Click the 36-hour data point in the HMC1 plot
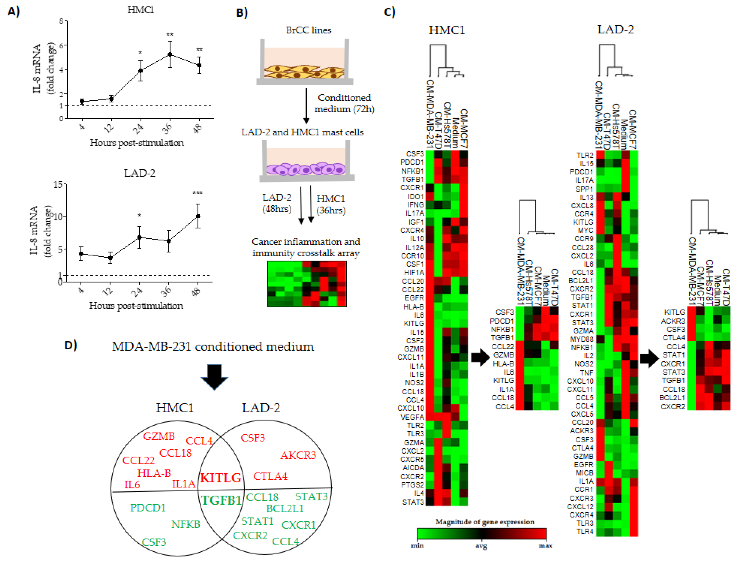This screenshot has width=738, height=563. tap(170, 54)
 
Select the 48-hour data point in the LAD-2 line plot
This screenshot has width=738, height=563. tap(198, 216)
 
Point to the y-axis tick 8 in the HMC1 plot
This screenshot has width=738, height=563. tap(61, 21)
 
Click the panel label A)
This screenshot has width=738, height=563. tap(14, 12)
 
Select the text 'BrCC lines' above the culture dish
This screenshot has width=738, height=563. tap(308, 30)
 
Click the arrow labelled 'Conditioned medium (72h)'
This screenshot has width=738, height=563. tap(306, 106)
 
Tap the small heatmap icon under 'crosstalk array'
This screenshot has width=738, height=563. tap(307, 284)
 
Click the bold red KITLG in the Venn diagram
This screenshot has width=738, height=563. tap(220, 478)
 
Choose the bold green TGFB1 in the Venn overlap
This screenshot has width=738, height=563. tap(221, 500)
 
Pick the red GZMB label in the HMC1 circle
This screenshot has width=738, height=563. tap(159, 436)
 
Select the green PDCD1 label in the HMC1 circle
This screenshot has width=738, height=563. tap(148, 508)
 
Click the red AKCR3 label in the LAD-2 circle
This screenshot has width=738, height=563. tap(298, 455)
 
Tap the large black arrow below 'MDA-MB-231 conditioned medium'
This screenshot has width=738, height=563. tap(214, 377)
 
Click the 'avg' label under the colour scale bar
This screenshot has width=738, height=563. tap(481, 546)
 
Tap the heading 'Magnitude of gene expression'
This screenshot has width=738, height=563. tap(485, 522)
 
